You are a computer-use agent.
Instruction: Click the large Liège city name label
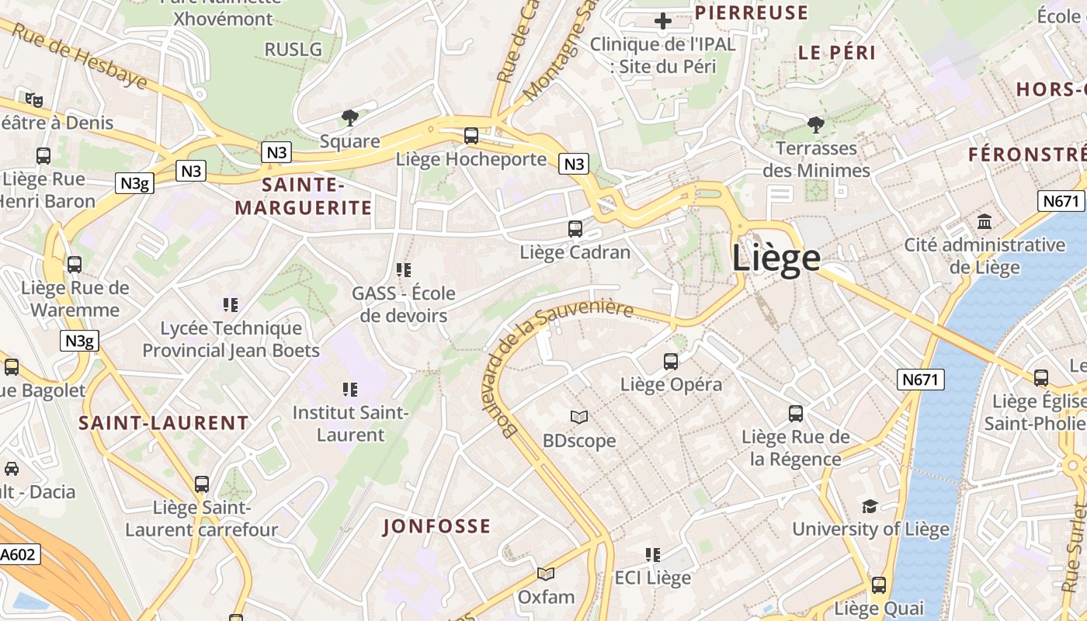point(776,258)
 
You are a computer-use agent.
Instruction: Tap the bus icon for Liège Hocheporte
point(471,136)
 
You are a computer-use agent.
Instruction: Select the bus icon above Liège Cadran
point(575,229)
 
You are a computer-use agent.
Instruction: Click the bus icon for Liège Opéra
point(671,362)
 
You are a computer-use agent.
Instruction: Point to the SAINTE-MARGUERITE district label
point(304,196)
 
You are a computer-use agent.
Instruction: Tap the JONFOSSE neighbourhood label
point(437,526)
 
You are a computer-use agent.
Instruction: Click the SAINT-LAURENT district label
point(164,423)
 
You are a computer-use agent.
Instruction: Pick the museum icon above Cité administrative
point(985,222)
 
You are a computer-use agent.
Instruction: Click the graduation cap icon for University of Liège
point(870,506)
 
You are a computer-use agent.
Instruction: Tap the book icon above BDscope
point(579,418)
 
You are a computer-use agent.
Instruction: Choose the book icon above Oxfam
point(546,574)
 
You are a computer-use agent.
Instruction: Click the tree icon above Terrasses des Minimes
point(815,125)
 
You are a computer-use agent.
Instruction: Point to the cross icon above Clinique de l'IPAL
point(662,21)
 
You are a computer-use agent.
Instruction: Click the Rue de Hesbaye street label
point(80,56)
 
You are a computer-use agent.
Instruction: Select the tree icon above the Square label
point(350,118)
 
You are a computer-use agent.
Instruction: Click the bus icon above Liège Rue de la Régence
point(796,414)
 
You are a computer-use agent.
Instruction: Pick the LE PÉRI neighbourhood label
point(837,53)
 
